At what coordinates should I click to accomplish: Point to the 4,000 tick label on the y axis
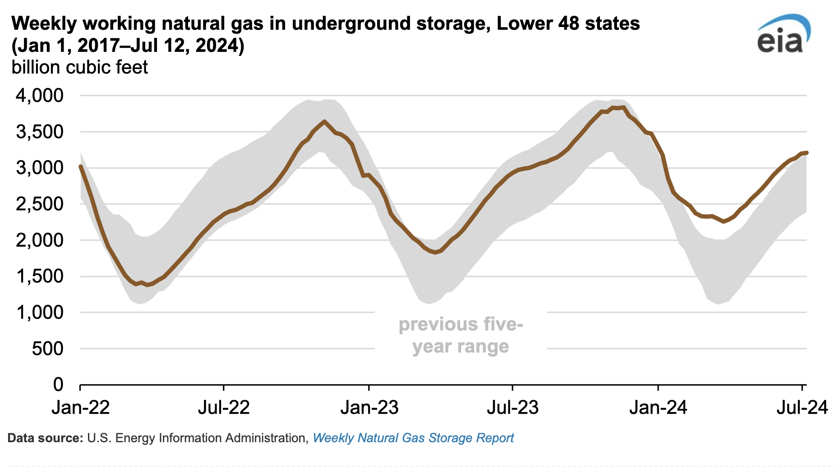[40, 96]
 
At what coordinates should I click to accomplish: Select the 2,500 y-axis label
[40, 204]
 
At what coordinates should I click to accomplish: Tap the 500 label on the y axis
[47, 348]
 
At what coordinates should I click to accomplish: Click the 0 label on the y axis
[58, 385]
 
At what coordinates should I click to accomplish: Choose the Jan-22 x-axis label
[81, 407]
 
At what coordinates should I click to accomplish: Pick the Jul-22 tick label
[224, 407]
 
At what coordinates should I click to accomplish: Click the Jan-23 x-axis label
[369, 407]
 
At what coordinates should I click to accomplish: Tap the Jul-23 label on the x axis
[512, 407]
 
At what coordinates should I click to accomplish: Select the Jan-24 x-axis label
[658, 407]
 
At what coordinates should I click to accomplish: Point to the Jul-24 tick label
[802, 407]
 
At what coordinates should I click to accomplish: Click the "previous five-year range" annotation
[461, 335]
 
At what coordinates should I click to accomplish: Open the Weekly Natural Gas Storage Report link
[413, 438]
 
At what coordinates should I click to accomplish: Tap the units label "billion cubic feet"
[79, 68]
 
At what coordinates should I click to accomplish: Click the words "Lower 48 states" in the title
[568, 23]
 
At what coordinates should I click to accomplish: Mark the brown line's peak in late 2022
[324, 121]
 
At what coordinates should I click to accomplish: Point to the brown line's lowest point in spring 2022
[147, 285]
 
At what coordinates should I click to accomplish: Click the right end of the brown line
[806, 153]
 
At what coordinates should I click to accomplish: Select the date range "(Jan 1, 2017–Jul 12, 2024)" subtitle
[128, 46]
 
